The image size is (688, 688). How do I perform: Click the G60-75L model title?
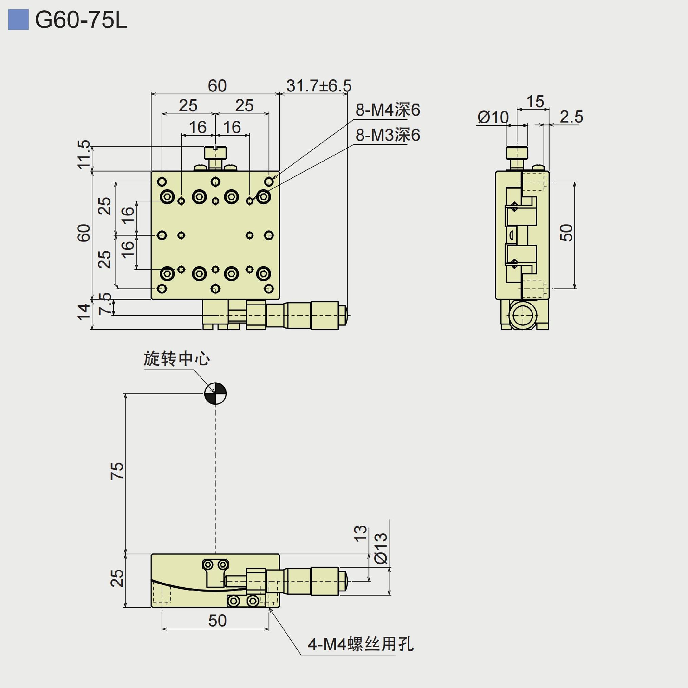tap(81, 20)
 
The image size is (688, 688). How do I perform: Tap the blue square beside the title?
tap(18, 20)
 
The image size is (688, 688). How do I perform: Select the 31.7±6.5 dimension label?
tap(319, 86)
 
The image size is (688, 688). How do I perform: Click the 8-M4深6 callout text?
tap(388, 110)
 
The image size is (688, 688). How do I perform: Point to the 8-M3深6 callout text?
tap(388, 135)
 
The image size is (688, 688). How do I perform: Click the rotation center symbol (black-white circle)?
tap(215, 393)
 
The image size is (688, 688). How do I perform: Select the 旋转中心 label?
tap(176, 359)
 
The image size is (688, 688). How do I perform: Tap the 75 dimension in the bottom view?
tap(117, 470)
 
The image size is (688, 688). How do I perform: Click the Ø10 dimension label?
tap(493, 118)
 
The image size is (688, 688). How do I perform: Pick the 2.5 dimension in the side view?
tap(571, 117)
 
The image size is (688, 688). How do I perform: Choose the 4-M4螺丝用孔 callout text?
tap(360, 644)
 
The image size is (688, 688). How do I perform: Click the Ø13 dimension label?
tap(381, 548)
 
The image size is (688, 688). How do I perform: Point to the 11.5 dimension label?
tap(84, 154)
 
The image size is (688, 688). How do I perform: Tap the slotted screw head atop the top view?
tap(215, 153)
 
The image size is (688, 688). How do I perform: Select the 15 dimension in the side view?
tap(535, 102)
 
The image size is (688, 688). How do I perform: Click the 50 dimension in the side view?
tap(566, 233)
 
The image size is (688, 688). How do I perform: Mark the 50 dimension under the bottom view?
tap(217, 621)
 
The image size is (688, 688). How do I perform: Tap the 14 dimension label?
tap(83, 311)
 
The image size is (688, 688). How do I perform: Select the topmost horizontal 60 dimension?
tap(217, 86)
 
